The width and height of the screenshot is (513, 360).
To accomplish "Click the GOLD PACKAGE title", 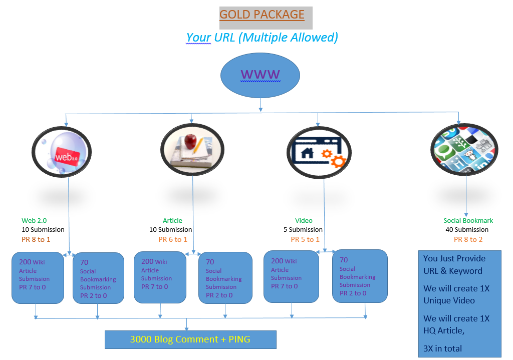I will (x=262, y=15).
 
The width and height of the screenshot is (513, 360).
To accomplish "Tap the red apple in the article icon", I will (x=190, y=141).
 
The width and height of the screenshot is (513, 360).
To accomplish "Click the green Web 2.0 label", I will (x=34, y=220).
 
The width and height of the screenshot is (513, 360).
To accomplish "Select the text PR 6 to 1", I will (x=173, y=239).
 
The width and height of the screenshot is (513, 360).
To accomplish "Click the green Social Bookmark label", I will (x=468, y=220).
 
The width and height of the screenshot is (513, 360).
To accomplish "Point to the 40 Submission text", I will (x=467, y=230).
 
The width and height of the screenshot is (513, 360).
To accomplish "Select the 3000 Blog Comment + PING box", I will (x=190, y=339).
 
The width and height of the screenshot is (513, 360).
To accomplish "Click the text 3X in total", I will (x=443, y=348).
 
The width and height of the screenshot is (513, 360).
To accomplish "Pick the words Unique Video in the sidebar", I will (x=449, y=300).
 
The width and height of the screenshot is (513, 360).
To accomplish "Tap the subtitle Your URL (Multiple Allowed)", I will (x=262, y=38).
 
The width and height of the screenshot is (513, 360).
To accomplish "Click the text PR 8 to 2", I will (x=468, y=239).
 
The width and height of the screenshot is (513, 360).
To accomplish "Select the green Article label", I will (x=172, y=220).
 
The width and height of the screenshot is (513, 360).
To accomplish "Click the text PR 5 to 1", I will (x=305, y=239).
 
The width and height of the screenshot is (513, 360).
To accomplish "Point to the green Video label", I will (x=304, y=220).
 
